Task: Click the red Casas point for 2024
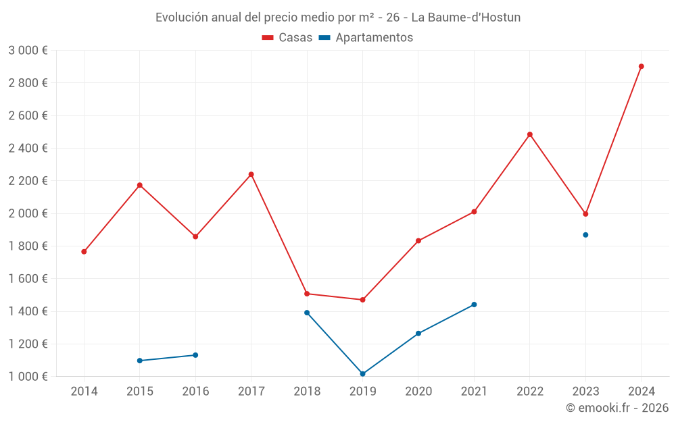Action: point(641,66)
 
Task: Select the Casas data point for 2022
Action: point(529,134)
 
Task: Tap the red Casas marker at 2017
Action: point(251,174)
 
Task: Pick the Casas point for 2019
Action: point(362,300)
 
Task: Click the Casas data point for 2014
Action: point(84,252)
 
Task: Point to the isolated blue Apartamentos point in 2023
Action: point(585,235)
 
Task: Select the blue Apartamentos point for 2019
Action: point(362,374)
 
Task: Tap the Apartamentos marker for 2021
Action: point(474,305)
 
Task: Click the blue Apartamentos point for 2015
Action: point(139,361)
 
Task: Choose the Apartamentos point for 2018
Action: point(307,313)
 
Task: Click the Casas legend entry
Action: point(287,38)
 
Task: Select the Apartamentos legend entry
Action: point(366,38)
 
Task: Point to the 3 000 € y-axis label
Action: point(28,50)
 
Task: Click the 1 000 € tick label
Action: point(28,376)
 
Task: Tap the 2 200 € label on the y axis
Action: point(28,180)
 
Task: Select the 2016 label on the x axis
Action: point(195,391)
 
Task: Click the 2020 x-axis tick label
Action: point(418,391)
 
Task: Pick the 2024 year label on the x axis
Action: point(641,391)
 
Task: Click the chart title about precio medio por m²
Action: point(338,18)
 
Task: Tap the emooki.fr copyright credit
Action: point(617,408)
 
